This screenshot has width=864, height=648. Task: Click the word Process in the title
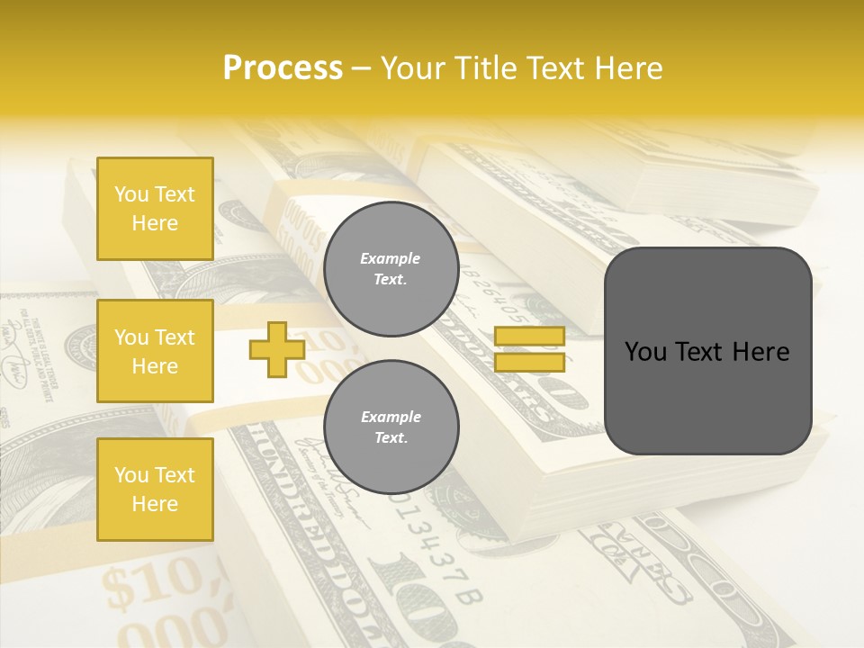click(283, 68)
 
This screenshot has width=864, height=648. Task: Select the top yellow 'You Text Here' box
click(155, 209)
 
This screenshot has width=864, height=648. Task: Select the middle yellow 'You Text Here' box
click(155, 351)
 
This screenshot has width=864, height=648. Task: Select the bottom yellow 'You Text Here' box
click(155, 490)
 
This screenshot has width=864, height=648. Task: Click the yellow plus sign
click(276, 349)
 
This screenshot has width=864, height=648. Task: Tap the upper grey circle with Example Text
click(391, 269)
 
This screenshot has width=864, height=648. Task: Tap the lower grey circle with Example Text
click(391, 427)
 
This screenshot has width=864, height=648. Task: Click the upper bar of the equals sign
click(529, 337)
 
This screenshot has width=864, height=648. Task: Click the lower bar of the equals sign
click(529, 362)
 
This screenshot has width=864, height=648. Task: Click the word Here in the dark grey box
click(760, 352)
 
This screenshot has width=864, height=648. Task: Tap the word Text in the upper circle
click(391, 280)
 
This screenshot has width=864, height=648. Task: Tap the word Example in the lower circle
click(391, 417)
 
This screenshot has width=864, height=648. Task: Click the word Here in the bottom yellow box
click(155, 504)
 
